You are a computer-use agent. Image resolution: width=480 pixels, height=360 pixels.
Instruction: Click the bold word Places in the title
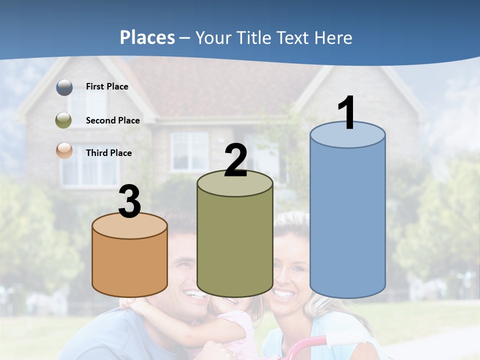click(x=147, y=37)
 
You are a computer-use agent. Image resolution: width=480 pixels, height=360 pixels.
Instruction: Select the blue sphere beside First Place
click(x=64, y=87)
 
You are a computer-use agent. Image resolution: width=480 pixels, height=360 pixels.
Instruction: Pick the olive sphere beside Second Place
click(x=64, y=120)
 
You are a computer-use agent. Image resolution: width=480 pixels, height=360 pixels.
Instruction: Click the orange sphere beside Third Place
click(x=64, y=150)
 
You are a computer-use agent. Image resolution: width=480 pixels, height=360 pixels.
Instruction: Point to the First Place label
click(x=107, y=86)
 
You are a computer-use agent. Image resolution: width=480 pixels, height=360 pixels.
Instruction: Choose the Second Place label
click(x=112, y=120)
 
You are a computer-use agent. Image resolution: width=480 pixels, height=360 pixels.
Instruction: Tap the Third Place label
click(x=108, y=153)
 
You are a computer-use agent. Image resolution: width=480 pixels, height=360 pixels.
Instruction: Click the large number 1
click(x=346, y=112)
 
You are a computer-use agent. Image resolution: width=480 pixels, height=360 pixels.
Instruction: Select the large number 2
click(x=235, y=160)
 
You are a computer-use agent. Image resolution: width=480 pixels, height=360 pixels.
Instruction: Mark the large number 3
click(x=130, y=202)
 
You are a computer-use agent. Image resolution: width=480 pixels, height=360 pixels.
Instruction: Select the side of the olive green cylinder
click(x=235, y=245)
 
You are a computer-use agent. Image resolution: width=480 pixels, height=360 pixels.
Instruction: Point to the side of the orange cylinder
click(x=130, y=267)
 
